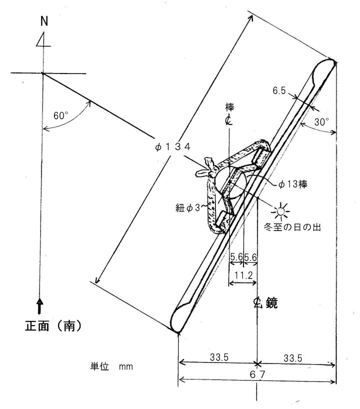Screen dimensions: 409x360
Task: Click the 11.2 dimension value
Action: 243,275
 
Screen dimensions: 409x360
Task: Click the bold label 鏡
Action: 271,303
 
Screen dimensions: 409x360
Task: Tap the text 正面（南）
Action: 53,325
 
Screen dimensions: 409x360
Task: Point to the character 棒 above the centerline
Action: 229,107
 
